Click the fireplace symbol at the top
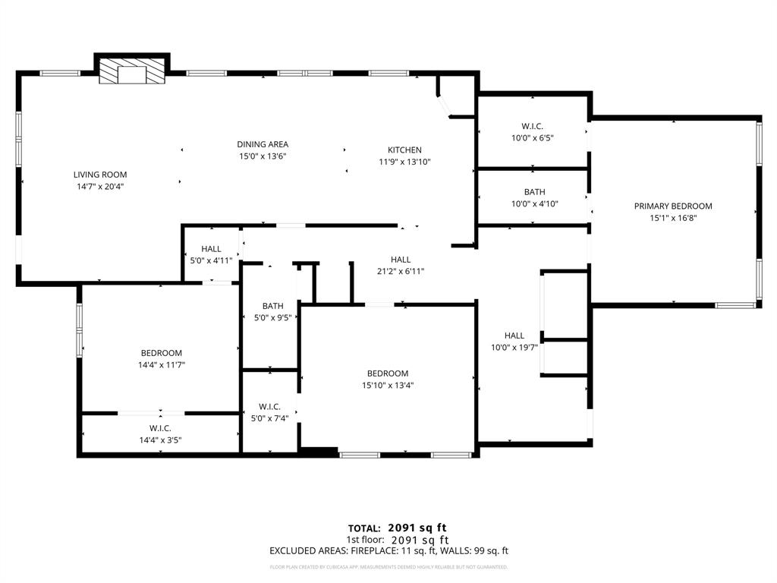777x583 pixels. click(132, 72)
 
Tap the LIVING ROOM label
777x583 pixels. click(99, 175)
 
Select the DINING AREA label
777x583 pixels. click(263, 144)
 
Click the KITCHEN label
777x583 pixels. click(404, 150)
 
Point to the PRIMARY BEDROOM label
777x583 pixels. click(673, 206)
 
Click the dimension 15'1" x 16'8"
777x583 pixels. click(673, 217)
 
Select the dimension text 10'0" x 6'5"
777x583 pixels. click(532, 138)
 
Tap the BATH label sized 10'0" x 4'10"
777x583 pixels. click(534, 192)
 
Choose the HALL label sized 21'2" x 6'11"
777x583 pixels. click(401, 260)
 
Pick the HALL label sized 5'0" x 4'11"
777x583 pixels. click(211, 249)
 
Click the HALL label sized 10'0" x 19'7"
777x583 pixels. click(514, 336)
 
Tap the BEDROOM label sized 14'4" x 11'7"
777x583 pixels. click(161, 353)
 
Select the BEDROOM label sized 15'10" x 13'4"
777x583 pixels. click(388, 373)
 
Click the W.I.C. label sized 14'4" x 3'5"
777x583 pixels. click(160, 428)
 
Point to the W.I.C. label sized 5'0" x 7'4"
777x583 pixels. click(269, 407)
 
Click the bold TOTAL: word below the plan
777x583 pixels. click(365, 528)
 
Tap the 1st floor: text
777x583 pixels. click(364, 540)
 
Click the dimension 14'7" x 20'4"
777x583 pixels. click(99, 186)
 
